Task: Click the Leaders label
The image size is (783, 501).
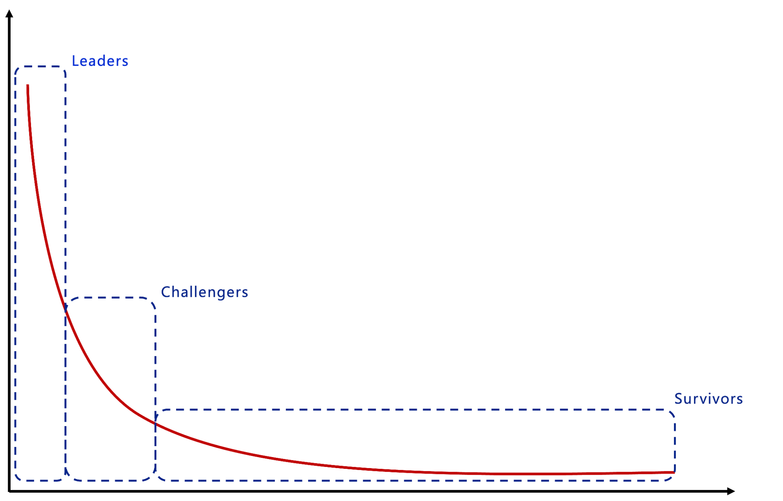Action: click(x=100, y=61)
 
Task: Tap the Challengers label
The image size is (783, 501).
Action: click(x=204, y=292)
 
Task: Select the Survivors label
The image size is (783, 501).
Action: click(x=708, y=399)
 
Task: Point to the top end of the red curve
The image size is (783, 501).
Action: click(x=27, y=85)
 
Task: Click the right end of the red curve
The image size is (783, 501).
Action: click(x=673, y=472)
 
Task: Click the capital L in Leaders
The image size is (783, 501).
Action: click(x=75, y=61)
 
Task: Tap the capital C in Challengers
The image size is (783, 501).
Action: click(x=165, y=292)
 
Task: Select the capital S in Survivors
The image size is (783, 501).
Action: click(x=678, y=399)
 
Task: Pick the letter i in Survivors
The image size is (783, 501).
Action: click(x=706, y=399)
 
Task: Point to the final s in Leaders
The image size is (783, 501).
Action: click(x=125, y=62)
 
